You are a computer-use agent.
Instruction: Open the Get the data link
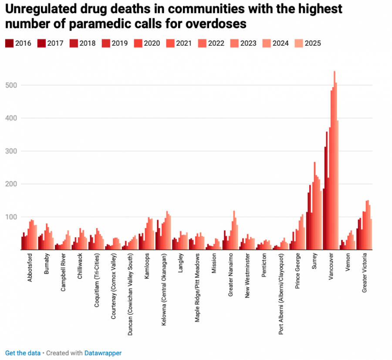coord(23,353)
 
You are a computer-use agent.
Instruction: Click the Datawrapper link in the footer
coord(103,353)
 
